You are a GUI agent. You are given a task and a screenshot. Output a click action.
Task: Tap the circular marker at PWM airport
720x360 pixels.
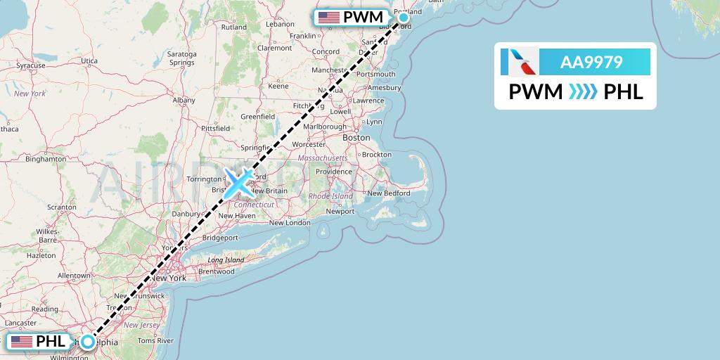coord(404,18)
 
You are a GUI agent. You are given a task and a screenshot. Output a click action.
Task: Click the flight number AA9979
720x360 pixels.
coord(591,63)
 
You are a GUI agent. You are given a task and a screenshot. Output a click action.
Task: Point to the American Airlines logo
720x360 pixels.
coord(520,62)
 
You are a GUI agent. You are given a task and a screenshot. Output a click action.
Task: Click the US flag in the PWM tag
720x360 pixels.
coord(328,18)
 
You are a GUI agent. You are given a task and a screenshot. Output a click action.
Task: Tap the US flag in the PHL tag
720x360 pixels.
coord(22,342)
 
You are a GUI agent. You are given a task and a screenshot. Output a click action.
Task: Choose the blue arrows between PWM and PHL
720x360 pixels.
coord(583,92)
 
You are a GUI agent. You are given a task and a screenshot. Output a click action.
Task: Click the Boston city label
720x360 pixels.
coord(356,138)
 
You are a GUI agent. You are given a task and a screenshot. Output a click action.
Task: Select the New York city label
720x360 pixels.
coord(168,278)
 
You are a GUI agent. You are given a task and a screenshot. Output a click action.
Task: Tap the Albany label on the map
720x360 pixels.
coord(184,100)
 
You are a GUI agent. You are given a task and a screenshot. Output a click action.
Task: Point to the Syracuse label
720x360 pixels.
coord(31,65)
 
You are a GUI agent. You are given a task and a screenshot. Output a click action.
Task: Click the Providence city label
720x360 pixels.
coord(333,172)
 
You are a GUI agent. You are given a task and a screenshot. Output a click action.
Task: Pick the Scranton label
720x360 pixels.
coord(62,207)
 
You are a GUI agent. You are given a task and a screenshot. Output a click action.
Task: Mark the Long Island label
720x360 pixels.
coord(225,259)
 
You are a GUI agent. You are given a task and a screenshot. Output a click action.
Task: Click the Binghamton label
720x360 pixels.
coord(44,159)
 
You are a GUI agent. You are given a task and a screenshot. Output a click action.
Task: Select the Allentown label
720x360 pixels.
coord(75,275)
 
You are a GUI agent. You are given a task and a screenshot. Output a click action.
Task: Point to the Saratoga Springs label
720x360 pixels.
coord(181,58)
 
